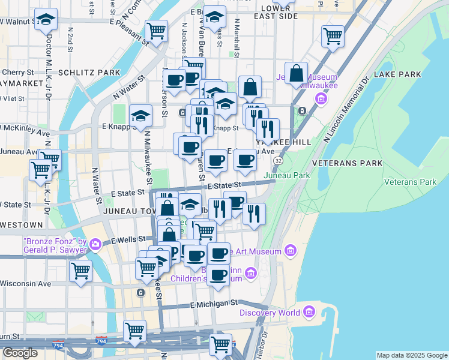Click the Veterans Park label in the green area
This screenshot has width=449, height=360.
click(x=410, y=181)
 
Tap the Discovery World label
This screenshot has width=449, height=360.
click(x=270, y=312)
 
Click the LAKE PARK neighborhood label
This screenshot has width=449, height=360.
click(x=397, y=74)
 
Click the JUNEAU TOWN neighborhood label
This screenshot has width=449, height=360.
click(x=129, y=211)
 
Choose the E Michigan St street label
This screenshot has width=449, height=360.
click(x=214, y=304)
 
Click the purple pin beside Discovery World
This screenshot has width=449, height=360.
click(x=309, y=312)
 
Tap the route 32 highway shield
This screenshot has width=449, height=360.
click(x=278, y=161)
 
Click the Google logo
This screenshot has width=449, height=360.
click(x=20, y=353)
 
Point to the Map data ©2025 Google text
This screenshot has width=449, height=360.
click(x=411, y=355)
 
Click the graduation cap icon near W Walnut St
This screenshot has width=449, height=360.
click(x=46, y=19)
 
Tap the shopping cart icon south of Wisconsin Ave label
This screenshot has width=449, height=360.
click(x=80, y=270)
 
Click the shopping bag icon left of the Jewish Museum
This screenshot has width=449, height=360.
click(x=297, y=73)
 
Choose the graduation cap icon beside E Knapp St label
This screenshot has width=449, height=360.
click(x=140, y=115)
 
